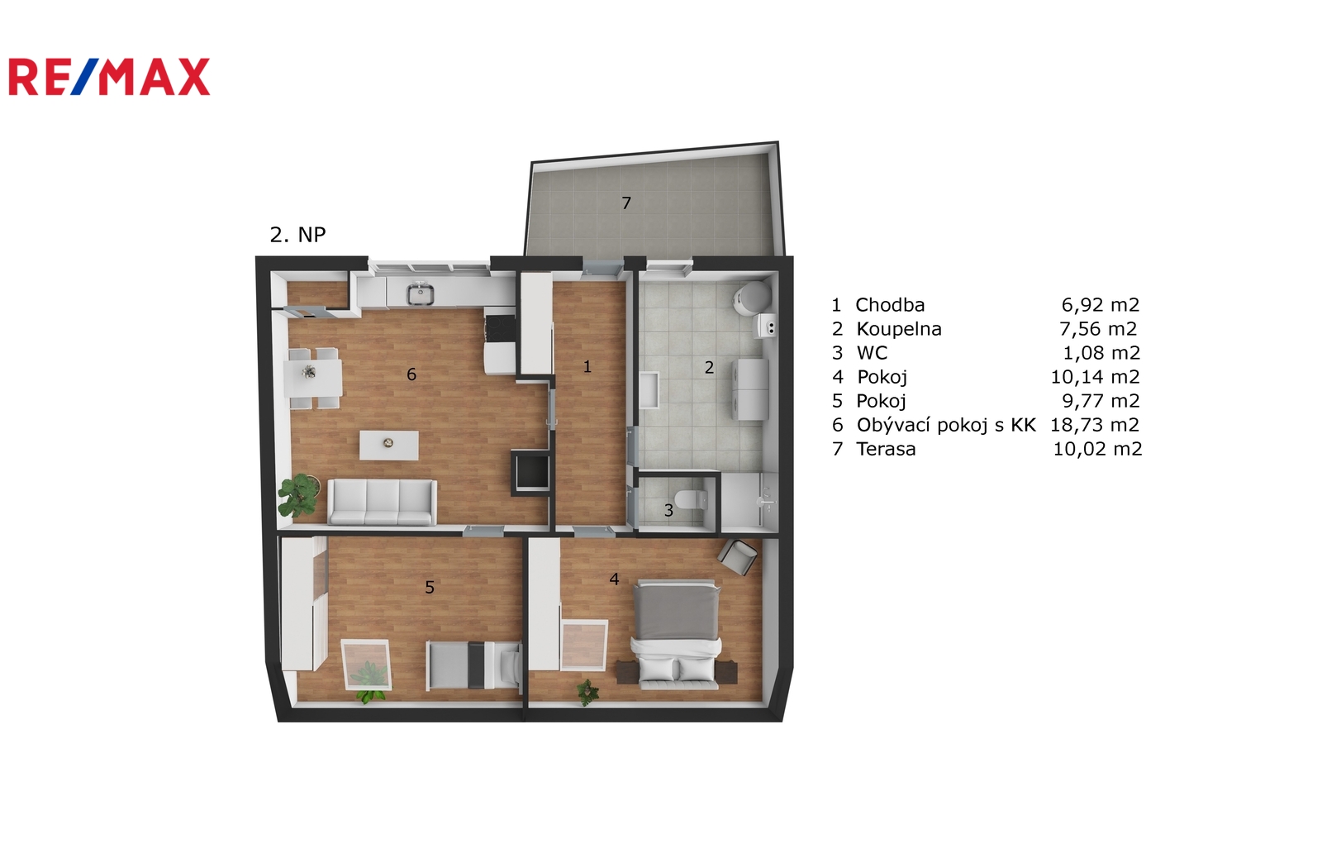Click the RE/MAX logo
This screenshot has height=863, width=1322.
point(109,77)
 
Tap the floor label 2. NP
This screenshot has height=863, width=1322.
point(297,235)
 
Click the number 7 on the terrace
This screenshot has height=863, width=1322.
point(626,203)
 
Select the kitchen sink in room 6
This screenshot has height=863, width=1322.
point(420,294)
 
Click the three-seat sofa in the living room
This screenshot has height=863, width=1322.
point(382,502)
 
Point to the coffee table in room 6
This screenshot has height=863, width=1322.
point(389,445)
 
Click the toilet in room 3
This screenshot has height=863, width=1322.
point(691,498)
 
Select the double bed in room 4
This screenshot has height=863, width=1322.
point(677,635)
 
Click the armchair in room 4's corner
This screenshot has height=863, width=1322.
point(738,556)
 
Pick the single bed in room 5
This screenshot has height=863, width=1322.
point(474,665)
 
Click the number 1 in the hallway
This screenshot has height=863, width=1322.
point(587,366)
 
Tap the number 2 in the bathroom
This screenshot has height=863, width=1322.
point(709,367)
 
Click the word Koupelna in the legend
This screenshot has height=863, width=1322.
point(899,329)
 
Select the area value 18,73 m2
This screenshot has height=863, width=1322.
point(1095,424)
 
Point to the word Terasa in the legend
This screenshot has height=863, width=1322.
point(886,449)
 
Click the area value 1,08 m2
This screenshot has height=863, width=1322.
point(1101,352)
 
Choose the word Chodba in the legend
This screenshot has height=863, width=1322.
point(890,304)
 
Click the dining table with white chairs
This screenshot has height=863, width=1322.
point(313,379)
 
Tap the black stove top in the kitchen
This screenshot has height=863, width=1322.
point(500,328)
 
